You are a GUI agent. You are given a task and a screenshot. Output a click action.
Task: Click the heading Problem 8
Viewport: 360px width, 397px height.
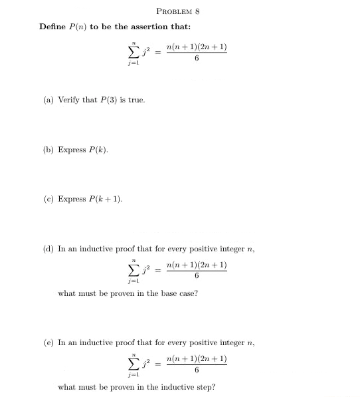(177, 11)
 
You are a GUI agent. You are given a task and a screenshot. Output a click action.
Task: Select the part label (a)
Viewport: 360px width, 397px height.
(48, 100)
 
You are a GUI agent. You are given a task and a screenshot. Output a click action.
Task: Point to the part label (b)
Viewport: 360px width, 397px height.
(48, 150)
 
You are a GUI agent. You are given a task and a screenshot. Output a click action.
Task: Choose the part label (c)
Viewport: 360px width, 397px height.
(48, 199)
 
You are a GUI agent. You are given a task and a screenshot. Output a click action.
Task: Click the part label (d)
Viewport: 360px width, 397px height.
(48, 249)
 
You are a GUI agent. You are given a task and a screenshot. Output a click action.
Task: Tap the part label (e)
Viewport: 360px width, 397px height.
(48, 342)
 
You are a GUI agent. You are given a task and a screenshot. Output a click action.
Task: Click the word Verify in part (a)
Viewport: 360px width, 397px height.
(69, 100)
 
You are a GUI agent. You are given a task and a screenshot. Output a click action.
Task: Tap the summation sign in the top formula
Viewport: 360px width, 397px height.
(134, 52)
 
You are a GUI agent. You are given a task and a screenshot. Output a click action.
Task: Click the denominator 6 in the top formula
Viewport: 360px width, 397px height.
(197, 59)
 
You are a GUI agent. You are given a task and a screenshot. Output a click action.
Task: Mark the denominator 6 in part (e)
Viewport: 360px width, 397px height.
(197, 370)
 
